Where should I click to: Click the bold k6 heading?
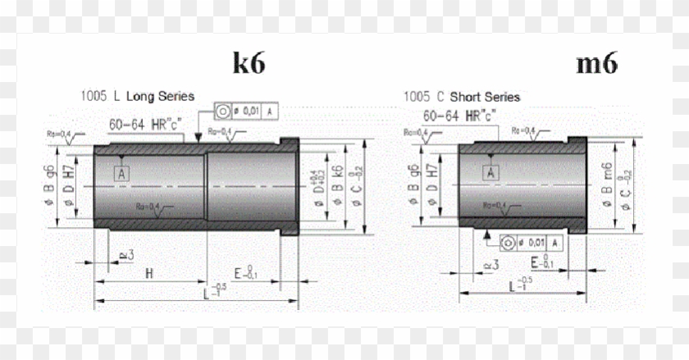coord(249,64)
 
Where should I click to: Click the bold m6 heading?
coord(596,63)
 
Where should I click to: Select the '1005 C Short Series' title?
coord(461,97)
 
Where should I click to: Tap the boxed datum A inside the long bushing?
coord(122,174)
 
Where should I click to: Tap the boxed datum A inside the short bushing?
coord(491,172)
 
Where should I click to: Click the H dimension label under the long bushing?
coord(149,272)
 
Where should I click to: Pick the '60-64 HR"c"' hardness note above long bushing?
coord(146,125)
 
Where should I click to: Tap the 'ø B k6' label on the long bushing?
coord(335,185)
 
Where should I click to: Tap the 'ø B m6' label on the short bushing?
coord(608,185)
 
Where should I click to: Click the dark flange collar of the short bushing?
coord(577,185)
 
